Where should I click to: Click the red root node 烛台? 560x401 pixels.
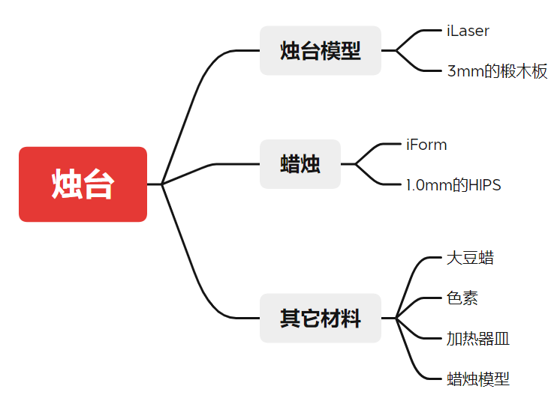(x=83, y=184)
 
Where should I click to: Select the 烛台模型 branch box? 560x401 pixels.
(x=321, y=51)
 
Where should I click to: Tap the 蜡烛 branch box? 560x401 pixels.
(x=300, y=164)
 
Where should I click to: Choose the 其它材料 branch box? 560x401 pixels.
(x=321, y=319)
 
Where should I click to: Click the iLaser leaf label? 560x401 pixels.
(x=468, y=31)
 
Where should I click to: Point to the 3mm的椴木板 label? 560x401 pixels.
(x=497, y=72)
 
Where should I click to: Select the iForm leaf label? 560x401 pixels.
(x=426, y=145)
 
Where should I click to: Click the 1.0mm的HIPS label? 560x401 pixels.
(x=453, y=185)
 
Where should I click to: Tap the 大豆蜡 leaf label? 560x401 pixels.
(x=470, y=259)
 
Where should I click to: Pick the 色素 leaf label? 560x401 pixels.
(x=462, y=298)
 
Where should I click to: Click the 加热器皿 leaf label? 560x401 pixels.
(x=478, y=339)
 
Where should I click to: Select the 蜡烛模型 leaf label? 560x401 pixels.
(x=478, y=379)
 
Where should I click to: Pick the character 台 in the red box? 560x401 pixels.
(x=98, y=184)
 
